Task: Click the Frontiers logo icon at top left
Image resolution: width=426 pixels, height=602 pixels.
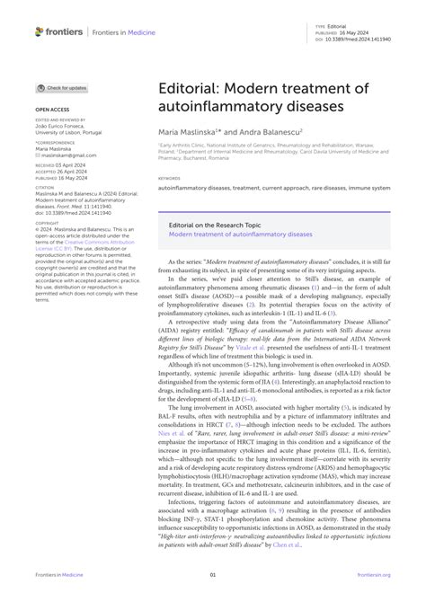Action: [x=40, y=31]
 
